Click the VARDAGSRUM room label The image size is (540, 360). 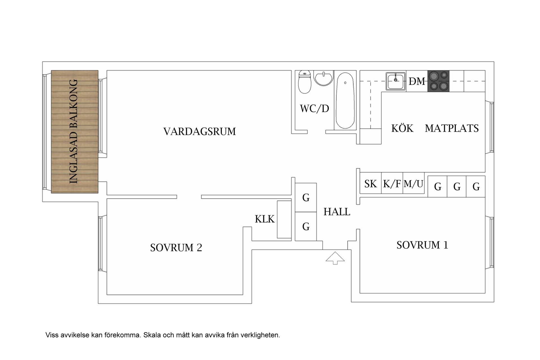199,132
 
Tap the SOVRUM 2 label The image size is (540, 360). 176,248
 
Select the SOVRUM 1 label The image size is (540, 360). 422,245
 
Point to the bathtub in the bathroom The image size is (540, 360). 345,100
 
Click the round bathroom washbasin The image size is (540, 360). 323,78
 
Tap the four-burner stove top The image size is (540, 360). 438,81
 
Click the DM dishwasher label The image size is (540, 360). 417,82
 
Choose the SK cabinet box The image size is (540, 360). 370,184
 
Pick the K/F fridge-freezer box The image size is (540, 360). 392,184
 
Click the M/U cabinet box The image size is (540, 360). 413,184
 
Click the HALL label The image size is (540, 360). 337,212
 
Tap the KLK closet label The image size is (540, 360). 265,219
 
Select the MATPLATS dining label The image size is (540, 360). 452,128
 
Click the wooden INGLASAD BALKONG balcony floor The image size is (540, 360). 75,132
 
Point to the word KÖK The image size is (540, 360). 402,128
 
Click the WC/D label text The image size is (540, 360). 314,109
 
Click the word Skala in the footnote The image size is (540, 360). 151,335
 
